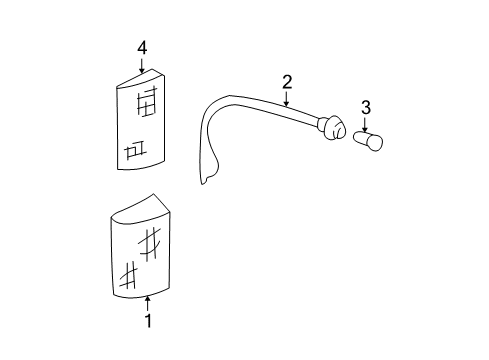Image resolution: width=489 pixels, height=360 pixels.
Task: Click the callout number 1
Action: pyautogui.click(x=148, y=321)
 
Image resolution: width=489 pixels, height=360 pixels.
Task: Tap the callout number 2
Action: pyautogui.click(x=286, y=82)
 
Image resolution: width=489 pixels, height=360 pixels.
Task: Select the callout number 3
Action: pyautogui.click(x=365, y=106)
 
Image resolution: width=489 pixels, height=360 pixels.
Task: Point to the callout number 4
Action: pyautogui.click(x=142, y=47)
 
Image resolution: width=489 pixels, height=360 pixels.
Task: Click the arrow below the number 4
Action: pyautogui.click(x=142, y=66)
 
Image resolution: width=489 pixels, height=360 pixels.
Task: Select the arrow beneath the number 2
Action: pyautogui.click(x=286, y=99)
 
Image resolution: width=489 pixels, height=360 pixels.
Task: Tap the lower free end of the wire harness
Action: pyautogui.click(x=207, y=180)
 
